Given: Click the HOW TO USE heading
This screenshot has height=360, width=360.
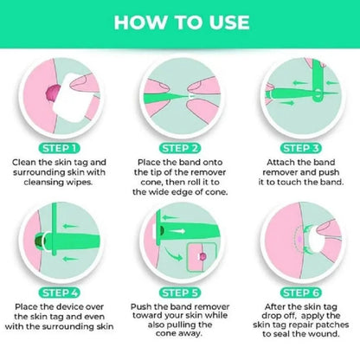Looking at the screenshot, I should pyautogui.click(x=179, y=21).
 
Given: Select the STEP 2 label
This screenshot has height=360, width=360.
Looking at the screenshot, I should pyautogui.click(x=179, y=149).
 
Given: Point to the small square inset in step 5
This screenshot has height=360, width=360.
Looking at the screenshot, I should pyautogui.click(x=202, y=257).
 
